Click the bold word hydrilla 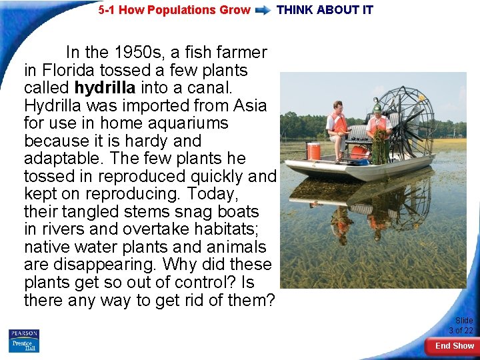click(105, 88)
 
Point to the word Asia click(250, 106)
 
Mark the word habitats click(227, 229)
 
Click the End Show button click(454, 345)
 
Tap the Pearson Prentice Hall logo click(24, 341)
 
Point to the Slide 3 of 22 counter click(461, 325)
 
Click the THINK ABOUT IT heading click(325, 10)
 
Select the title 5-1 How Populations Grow click(175, 10)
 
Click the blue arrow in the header click(263, 10)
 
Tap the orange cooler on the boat click(313, 151)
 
